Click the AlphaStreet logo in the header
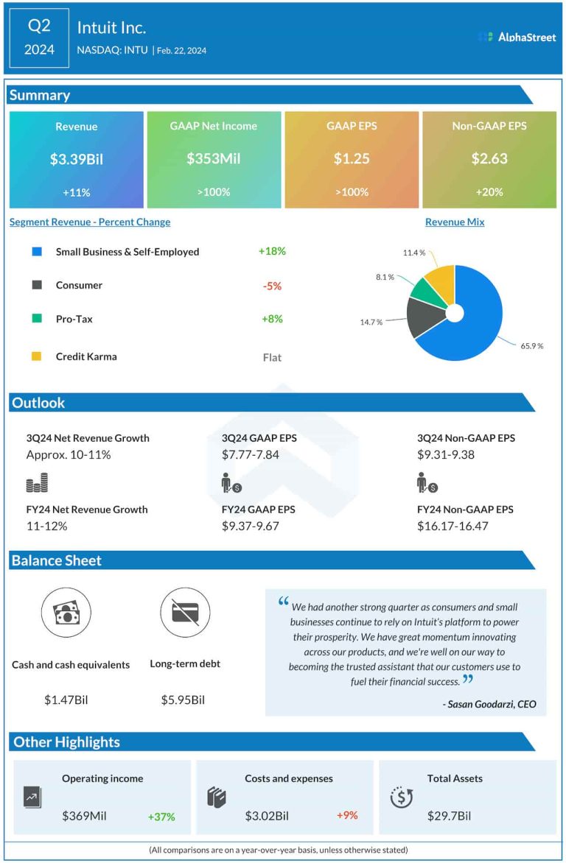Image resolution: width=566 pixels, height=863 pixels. click(517, 36)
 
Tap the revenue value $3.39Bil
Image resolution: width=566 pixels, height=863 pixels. click(77, 158)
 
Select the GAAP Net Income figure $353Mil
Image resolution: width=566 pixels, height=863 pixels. click(214, 158)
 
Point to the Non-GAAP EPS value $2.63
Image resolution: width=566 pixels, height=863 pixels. click(489, 158)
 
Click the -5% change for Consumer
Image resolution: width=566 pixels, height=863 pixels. click(272, 286)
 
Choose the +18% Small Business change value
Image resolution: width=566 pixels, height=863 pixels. click(272, 251)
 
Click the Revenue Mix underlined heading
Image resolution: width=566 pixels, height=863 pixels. click(455, 222)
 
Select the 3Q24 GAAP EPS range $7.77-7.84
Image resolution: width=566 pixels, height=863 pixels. click(251, 454)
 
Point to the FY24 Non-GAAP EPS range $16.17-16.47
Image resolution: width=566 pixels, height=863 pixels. click(453, 526)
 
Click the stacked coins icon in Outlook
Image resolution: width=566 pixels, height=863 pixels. click(37, 483)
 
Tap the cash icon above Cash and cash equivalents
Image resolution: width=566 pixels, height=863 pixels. click(66, 613)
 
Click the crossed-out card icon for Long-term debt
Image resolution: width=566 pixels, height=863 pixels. click(185, 613)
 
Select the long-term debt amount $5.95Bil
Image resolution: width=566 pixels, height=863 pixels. click(183, 700)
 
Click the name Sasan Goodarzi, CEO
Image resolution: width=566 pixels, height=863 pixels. click(489, 705)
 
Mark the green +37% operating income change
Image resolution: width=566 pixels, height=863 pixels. click(161, 816)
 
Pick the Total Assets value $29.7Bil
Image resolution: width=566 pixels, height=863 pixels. click(449, 816)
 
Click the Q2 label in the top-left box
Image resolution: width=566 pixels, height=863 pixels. click(39, 27)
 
